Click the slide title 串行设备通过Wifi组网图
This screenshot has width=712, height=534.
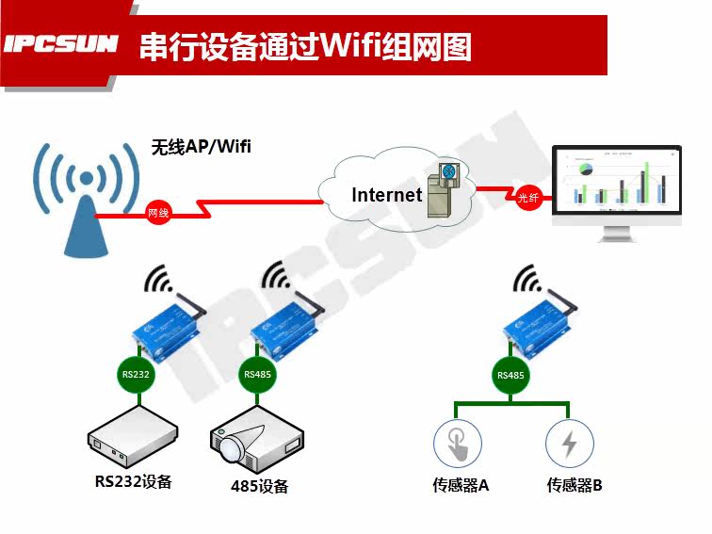305,46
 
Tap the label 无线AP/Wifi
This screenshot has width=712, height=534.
202,147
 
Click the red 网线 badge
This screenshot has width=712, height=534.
158,213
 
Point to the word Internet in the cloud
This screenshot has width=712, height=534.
387,195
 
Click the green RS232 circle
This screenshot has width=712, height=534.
135,375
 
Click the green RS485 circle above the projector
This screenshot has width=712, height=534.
258,375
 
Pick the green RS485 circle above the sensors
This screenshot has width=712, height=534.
510,376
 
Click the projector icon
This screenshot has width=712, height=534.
255,442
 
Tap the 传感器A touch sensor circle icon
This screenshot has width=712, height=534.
457,443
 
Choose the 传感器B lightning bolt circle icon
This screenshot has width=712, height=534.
570,443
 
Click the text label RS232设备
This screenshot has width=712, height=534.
134,481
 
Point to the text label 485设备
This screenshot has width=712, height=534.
259,486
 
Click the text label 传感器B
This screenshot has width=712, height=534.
574,485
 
